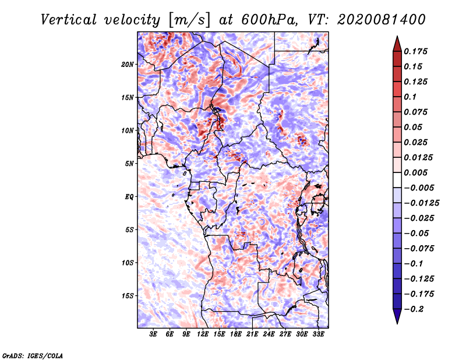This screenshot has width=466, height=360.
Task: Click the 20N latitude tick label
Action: (128, 64)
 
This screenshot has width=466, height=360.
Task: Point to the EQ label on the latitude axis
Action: (129, 197)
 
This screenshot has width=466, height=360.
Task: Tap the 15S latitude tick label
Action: (128, 296)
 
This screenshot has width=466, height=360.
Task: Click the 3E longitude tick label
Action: (154, 335)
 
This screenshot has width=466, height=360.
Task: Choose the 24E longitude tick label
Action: (269, 335)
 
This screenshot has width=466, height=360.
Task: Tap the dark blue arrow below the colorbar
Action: (397, 317)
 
